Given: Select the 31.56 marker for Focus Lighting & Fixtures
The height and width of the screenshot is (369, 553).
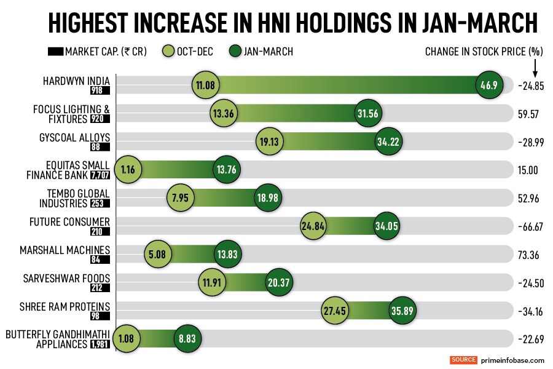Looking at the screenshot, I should click(372, 114).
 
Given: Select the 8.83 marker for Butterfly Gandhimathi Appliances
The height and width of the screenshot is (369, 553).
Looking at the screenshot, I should click(188, 338).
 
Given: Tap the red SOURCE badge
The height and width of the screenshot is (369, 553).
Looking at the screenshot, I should click(464, 360).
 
